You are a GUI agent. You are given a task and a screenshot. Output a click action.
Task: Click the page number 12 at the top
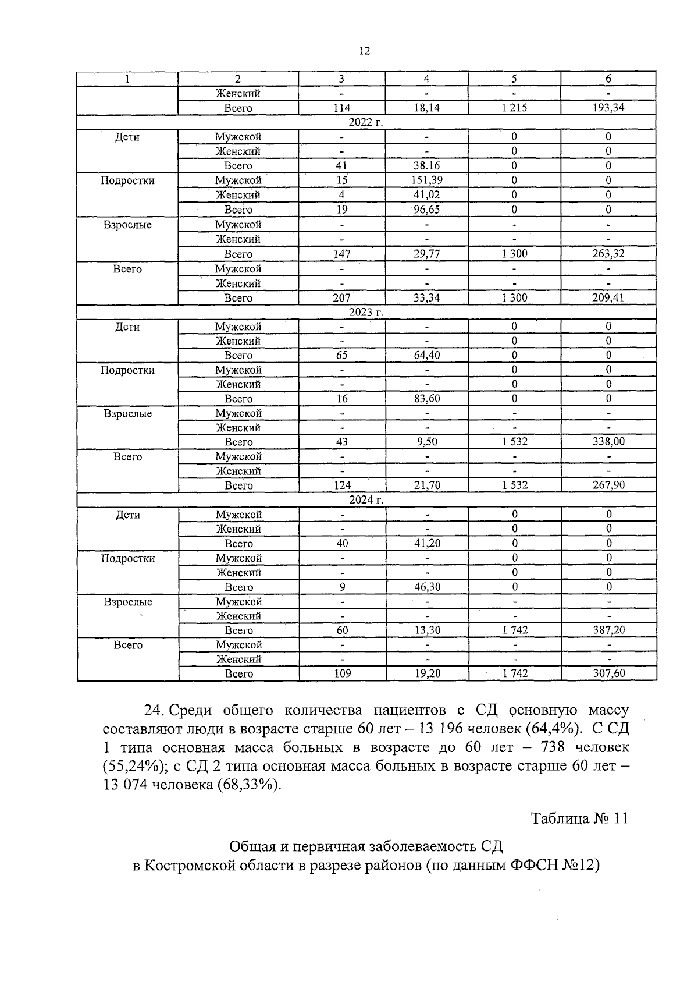(x=365, y=51)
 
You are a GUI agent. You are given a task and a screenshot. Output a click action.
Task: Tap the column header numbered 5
(x=514, y=79)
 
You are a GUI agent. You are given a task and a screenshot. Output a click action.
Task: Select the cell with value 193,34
(x=608, y=108)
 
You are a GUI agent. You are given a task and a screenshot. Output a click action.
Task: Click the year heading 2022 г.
(x=366, y=122)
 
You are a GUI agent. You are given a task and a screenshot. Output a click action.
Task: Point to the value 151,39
(x=426, y=180)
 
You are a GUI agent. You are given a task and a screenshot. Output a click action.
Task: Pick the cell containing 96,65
(x=426, y=210)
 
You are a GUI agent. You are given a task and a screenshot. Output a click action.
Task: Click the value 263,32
(x=608, y=254)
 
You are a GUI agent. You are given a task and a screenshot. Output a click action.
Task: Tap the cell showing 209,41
(x=608, y=297)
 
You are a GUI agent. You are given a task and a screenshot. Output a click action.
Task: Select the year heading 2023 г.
(x=366, y=312)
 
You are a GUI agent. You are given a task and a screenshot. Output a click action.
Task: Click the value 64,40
(x=426, y=355)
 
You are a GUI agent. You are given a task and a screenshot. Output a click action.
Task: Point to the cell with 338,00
(x=608, y=442)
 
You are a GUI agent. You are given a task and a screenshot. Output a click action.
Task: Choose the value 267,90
(x=608, y=485)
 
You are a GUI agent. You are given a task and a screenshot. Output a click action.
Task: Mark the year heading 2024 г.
(x=366, y=500)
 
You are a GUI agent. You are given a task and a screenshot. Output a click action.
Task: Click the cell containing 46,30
(x=427, y=587)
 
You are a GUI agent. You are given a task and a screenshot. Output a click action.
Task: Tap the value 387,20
(x=608, y=630)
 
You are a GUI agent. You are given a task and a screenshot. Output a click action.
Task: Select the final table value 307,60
(x=608, y=673)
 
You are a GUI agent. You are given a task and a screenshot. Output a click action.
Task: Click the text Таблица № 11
(x=579, y=818)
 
